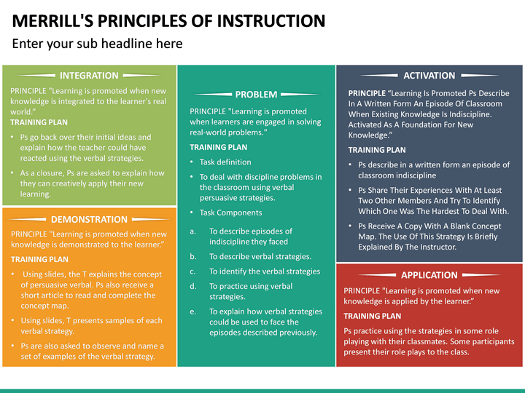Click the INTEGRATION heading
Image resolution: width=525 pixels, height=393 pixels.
click(89, 75)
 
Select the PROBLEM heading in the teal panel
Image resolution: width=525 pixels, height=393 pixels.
click(256, 94)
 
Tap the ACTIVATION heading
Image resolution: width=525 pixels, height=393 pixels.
click(429, 75)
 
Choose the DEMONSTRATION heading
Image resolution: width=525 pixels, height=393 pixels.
click(89, 219)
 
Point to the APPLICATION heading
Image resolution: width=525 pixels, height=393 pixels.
click(429, 275)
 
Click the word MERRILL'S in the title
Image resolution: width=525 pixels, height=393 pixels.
click(55, 20)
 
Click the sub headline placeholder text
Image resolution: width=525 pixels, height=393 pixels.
click(98, 44)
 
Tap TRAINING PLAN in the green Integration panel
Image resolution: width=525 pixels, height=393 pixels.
click(39, 122)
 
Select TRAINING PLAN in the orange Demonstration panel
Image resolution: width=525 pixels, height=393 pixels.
click(39, 259)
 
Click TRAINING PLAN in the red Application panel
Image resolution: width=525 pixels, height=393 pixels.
click(372, 316)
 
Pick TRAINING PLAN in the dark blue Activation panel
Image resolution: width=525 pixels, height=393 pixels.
click(377, 150)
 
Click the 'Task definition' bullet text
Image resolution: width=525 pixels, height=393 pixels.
click(225, 162)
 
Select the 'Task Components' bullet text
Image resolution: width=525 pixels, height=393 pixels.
click(230, 213)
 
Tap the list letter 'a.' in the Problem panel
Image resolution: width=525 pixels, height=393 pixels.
click(193, 231)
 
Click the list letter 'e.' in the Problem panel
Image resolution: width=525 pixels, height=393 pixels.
click(193, 311)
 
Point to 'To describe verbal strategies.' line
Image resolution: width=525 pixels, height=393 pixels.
click(260, 256)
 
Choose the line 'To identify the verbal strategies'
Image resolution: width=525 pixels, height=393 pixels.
click(265, 271)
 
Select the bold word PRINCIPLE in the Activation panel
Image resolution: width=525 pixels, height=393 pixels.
click(367, 93)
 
